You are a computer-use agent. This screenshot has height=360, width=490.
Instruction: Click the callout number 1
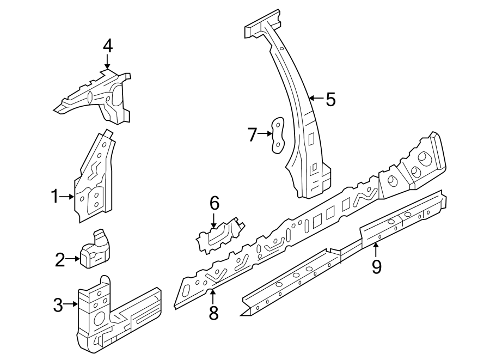[54, 197]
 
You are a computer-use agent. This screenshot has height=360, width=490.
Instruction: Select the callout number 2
[60, 260]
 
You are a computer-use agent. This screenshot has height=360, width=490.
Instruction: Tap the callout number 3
[58, 306]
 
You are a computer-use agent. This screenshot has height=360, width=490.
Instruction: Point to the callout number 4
[108, 46]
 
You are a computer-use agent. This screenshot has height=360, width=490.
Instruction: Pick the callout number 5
[330, 99]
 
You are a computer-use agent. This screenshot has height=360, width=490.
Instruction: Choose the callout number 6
[214, 204]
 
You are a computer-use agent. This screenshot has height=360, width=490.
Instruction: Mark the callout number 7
[252, 134]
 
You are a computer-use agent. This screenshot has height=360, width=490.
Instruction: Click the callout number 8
[213, 313]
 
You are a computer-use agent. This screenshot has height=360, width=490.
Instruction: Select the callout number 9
[376, 266]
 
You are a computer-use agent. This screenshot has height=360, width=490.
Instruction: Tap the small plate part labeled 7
[278, 135]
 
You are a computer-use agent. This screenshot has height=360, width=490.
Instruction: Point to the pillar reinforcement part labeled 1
[96, 180]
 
